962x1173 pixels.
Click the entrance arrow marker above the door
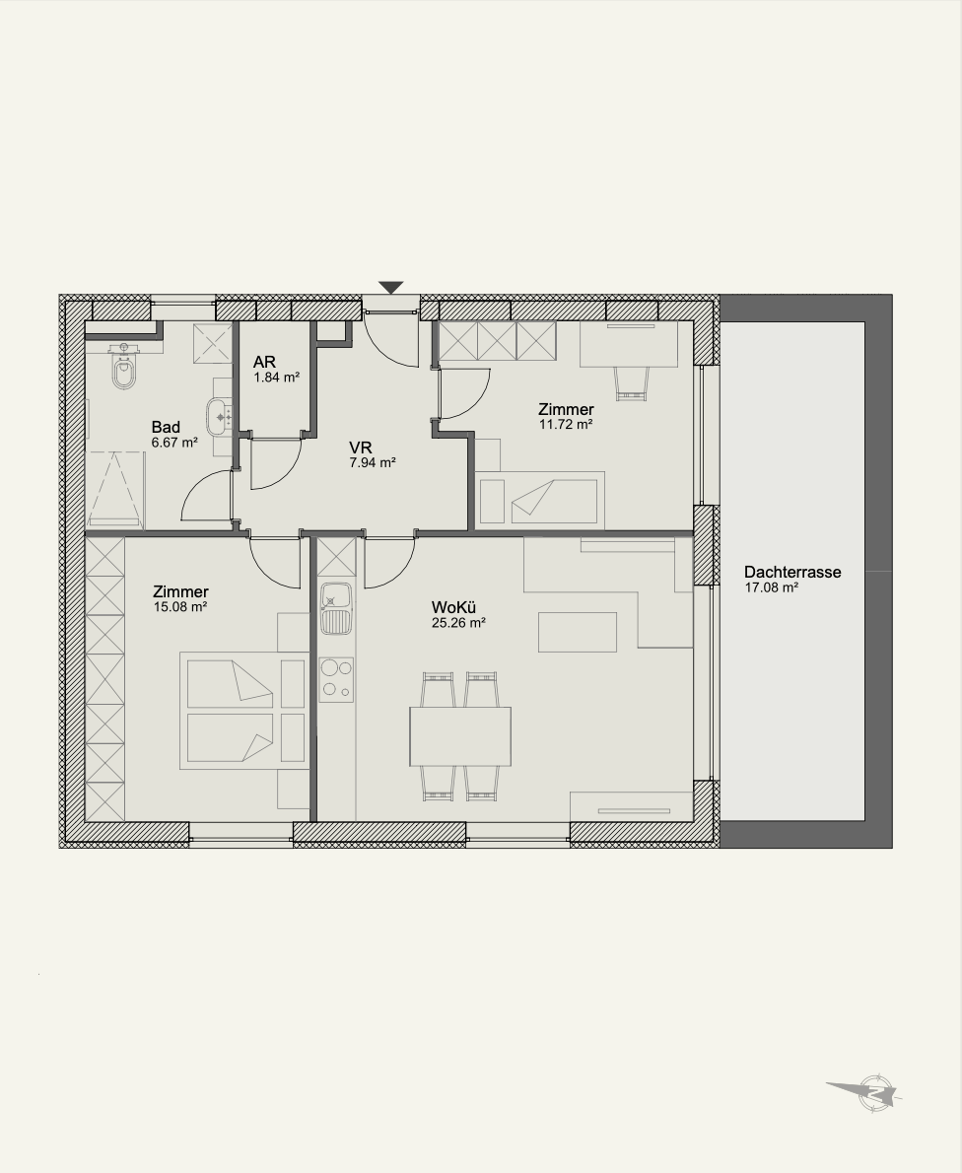[390, 287]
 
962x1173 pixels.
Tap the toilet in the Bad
[123, 368]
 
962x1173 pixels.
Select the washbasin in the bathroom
[219, 416]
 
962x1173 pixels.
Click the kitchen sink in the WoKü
[336, 607]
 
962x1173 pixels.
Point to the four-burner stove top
[336, 679]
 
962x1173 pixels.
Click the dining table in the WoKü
[460, 736]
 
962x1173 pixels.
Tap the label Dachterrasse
[792, 573]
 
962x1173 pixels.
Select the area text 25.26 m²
[458, 622]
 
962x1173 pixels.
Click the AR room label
[264, 363]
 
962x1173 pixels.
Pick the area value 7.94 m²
[372, 462]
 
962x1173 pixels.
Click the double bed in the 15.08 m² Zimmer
[243, 710]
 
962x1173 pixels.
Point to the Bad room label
[166, 427]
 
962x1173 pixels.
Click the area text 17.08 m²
[771, 588]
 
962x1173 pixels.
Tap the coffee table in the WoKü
[578, 632]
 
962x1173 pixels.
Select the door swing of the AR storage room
[275, 463]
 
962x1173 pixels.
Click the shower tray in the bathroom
[114, 489]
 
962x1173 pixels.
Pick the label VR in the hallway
[361, 448]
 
